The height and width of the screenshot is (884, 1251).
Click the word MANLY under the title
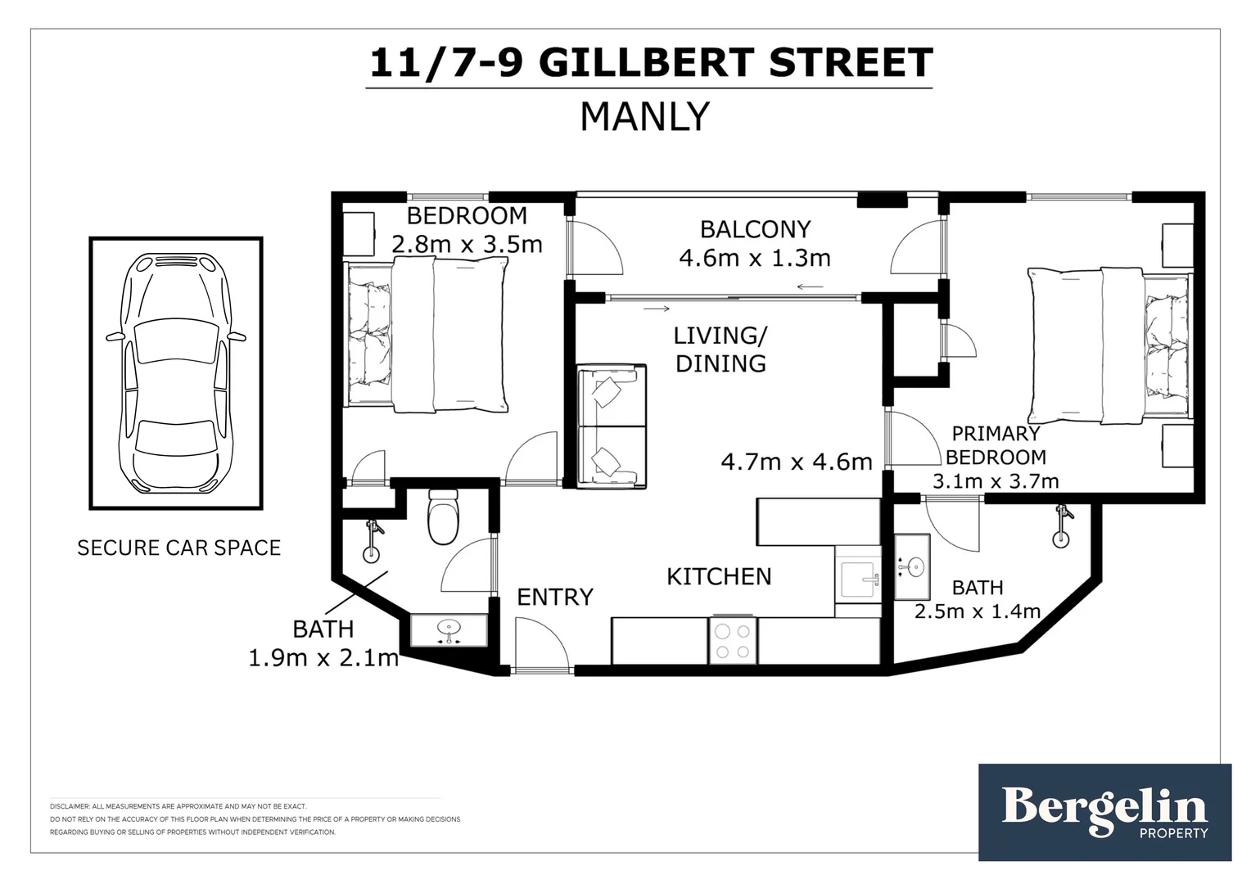(x=644, y=117)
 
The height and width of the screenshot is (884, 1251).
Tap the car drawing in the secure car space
(x=176, y=372)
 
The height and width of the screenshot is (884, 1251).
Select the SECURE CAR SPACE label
(x=178, y=548)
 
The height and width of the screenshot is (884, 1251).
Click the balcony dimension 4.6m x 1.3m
(x=754, y=258)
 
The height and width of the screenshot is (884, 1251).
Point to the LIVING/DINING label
(x=720, y=350)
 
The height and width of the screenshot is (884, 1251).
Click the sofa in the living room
(x=612, y=426)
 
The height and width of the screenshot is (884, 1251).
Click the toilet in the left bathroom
(x=444, y=516)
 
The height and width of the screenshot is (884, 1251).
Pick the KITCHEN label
(x=719, y=576)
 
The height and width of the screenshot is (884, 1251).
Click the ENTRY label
(x=554, y=597)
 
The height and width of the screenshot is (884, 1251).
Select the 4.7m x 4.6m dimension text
(x=796, y=462)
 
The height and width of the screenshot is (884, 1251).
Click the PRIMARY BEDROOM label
(x=995, y=445)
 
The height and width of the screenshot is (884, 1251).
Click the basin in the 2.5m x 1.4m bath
(x=913, y=566)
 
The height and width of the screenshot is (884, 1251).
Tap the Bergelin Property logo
(x=1104, y=812)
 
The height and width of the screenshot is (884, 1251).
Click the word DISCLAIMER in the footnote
(x=69, y=806)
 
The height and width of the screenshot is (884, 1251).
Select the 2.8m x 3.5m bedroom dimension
(x=467, y=244)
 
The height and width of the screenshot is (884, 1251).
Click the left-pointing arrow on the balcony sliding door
(x=810, y=286)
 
